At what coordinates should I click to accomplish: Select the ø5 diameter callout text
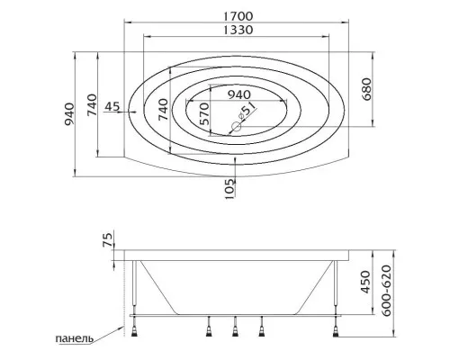click(241, 115)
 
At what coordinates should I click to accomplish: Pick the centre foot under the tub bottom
click(236, 333)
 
